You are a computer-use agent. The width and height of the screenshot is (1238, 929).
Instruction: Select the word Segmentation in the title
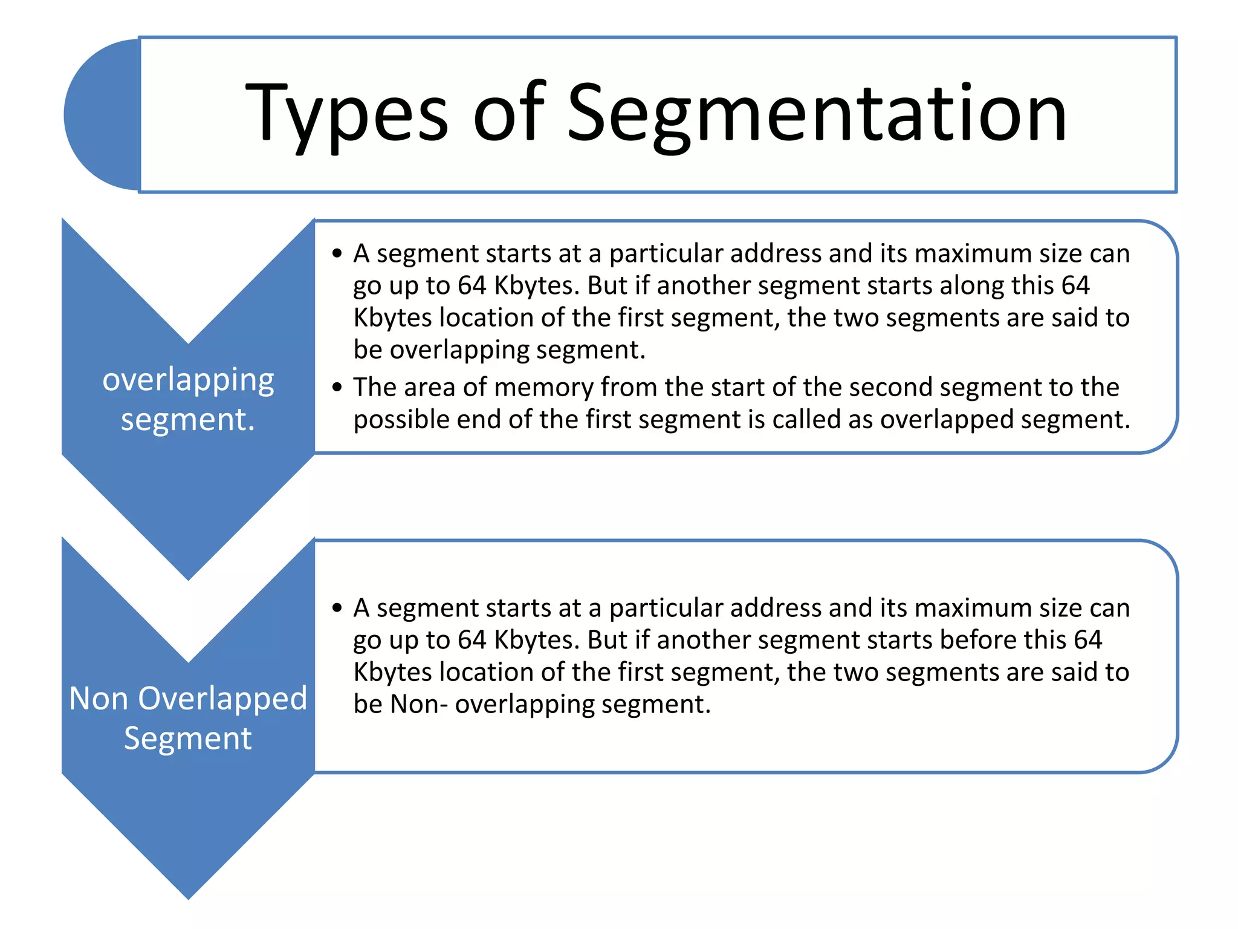pos(817,115)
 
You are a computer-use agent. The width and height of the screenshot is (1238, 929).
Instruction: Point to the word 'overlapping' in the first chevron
pos(188,381)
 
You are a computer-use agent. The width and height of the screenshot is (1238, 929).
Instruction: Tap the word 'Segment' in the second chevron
pos(187,738)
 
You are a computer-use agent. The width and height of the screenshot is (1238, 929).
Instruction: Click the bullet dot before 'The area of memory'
pos(337,387)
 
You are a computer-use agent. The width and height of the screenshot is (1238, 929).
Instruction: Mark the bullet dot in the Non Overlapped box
pos(337,608)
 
